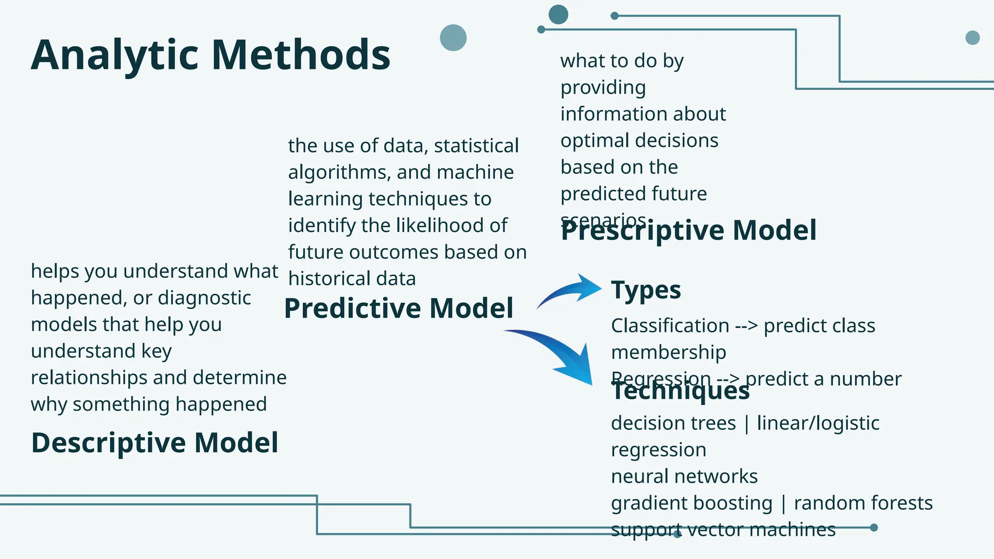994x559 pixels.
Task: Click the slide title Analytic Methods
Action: (x=210, y=55)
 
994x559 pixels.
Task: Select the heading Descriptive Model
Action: (x=154, y=443)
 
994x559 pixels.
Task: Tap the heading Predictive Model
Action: (x=398, y=308)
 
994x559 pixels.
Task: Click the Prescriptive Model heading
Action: (x=688, y=230)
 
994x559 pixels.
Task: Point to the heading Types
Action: (x=646, y=290)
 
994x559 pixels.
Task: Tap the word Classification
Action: (x=670, y=326)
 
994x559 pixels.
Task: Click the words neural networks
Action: (x=684, y=477)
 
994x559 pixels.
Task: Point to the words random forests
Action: (x=863, y=503)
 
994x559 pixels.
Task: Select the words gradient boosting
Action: (x=691, y=503)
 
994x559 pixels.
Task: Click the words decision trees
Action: (x=673, y=423)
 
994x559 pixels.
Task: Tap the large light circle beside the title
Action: (x=453, y=38)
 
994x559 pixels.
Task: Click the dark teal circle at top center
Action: (x=558, y=15)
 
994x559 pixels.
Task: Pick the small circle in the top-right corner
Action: (x=972, y=37)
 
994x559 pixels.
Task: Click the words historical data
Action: (x=352, y=279)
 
